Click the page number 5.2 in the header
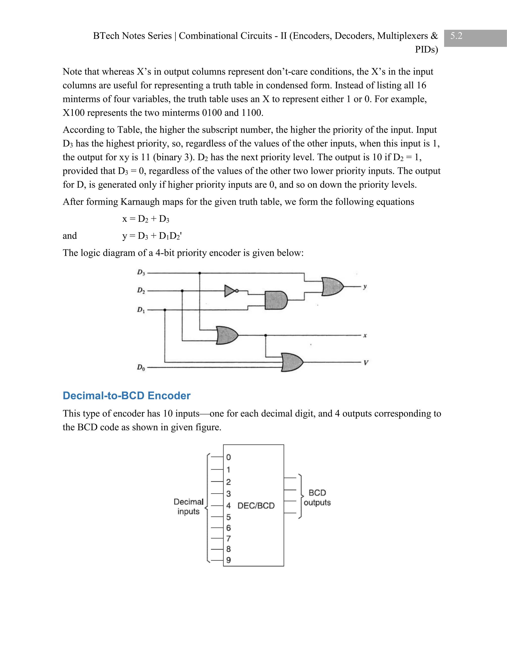(456, 36)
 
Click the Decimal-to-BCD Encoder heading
(127, 396)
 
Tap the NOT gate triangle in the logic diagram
(229, 291)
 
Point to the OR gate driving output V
(292, 362)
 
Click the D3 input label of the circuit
(141, 273)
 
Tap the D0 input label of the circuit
(141, 367)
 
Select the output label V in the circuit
(366, 363)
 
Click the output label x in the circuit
(365, 335)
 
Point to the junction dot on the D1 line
(165, 310)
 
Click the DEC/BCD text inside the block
(256, 505)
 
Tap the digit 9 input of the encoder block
(228, 560)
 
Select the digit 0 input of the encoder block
(228, 457)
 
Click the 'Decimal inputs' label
(189, 506)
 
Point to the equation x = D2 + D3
(146, 219)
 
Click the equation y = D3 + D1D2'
(152, 236)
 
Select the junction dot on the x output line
(265, 335)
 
